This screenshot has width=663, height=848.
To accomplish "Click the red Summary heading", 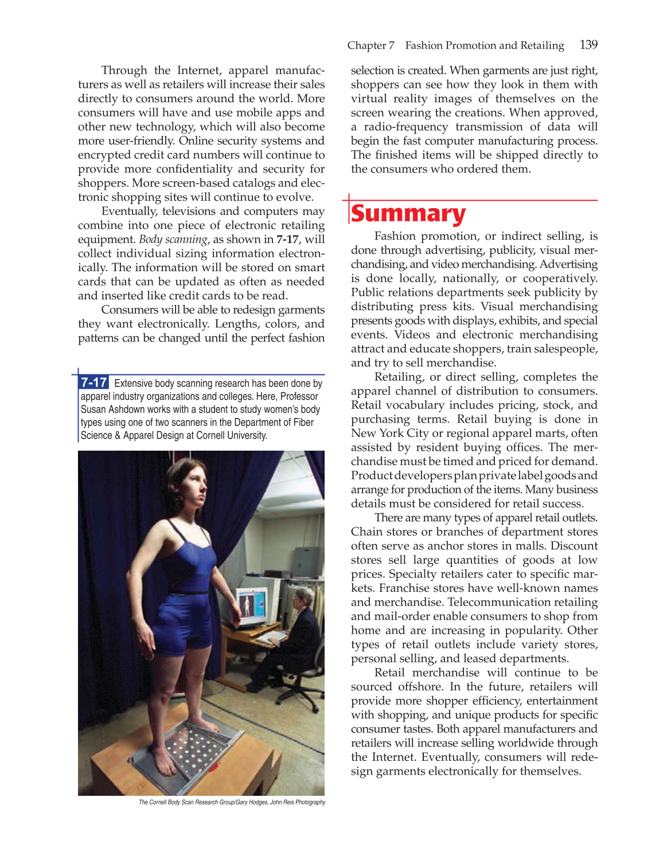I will [408, 213].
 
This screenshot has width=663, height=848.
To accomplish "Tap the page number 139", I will [588, 45].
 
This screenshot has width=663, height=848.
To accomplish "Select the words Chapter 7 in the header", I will [370, 45].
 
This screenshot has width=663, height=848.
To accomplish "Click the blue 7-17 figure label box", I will [94, 382].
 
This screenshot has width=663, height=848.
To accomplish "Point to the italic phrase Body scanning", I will [173, 239].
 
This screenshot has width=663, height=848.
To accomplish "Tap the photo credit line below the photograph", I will [232, 802].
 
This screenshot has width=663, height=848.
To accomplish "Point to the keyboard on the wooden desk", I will [273, 636].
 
